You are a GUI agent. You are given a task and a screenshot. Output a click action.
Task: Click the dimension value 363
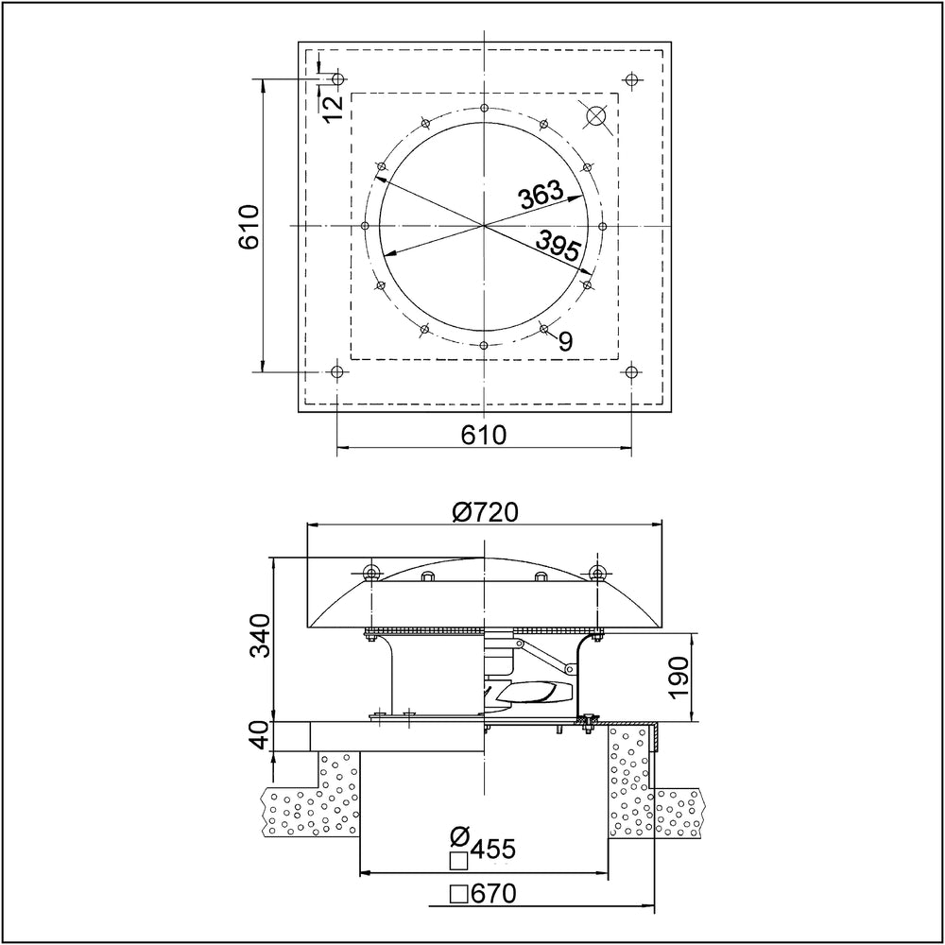tap(541, 196)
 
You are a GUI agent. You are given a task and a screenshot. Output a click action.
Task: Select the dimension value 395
tap(558, 248)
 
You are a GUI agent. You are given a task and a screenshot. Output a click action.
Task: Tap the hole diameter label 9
tap(564, 341)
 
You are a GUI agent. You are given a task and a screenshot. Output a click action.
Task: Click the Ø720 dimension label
tap(486, 512)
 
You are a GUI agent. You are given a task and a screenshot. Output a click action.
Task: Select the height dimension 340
tap(261, 635)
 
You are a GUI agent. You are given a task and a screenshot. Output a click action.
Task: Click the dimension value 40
tap(261, 735)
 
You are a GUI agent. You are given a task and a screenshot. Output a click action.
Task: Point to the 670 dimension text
tap(495, 892)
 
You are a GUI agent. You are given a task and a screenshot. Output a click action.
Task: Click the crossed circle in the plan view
tap(597, 115)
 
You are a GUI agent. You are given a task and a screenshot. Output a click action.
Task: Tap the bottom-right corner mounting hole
tap(630, 372)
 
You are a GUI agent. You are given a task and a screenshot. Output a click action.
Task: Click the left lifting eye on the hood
tap(370, 572)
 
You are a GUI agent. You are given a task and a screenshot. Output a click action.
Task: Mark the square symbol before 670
tap(459, 893)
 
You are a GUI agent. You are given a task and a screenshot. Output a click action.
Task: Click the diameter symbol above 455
tap(460, 836)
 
